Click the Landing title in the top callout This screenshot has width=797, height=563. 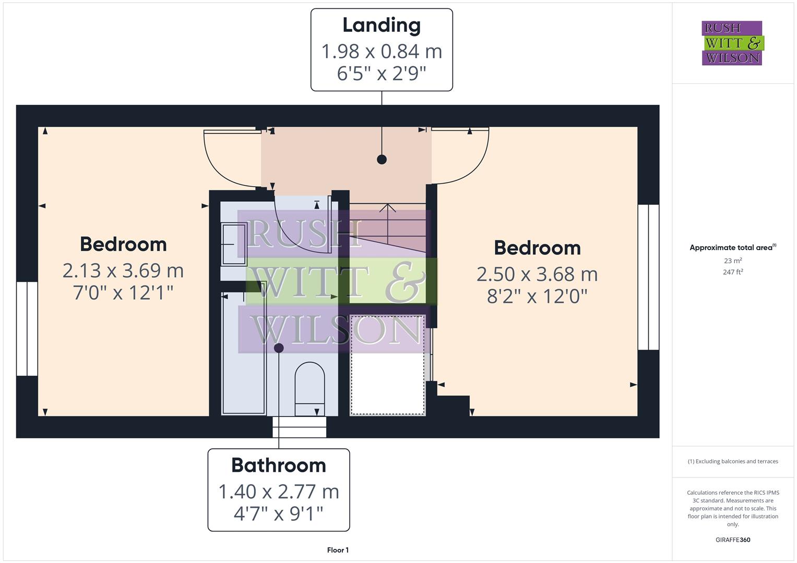click(x=382, y=25)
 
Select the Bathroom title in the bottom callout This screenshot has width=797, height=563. click(x=279, y=465)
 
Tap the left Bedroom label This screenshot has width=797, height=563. click(x=123, y=244)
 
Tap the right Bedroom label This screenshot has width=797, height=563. click(x=537, y=248)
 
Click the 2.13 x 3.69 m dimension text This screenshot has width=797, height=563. click(x=123, y=271)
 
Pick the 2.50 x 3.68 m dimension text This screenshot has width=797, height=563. click(x=537, y=274)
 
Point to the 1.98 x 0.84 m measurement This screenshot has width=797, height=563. click(x=382, y=51)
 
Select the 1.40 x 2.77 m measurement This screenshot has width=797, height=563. click(x=279, y=492)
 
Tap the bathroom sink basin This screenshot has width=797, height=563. click(x=233, y=243)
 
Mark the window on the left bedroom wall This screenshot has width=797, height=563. click(x=27, y=328)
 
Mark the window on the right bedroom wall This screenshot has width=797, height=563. click(x=648, y=277)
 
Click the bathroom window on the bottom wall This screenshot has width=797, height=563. click(x=300, y=427)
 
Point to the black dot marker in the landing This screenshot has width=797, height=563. click(x=382, y=160)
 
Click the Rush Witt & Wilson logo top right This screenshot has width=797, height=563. click(x=732, y=43)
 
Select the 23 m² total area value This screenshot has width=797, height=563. click(x=733, y=261)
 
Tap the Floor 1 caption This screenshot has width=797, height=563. click(x=338, y=550)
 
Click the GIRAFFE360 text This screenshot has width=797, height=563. click(x=733, y=540)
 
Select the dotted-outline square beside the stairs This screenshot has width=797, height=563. click(x=387, y=364)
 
